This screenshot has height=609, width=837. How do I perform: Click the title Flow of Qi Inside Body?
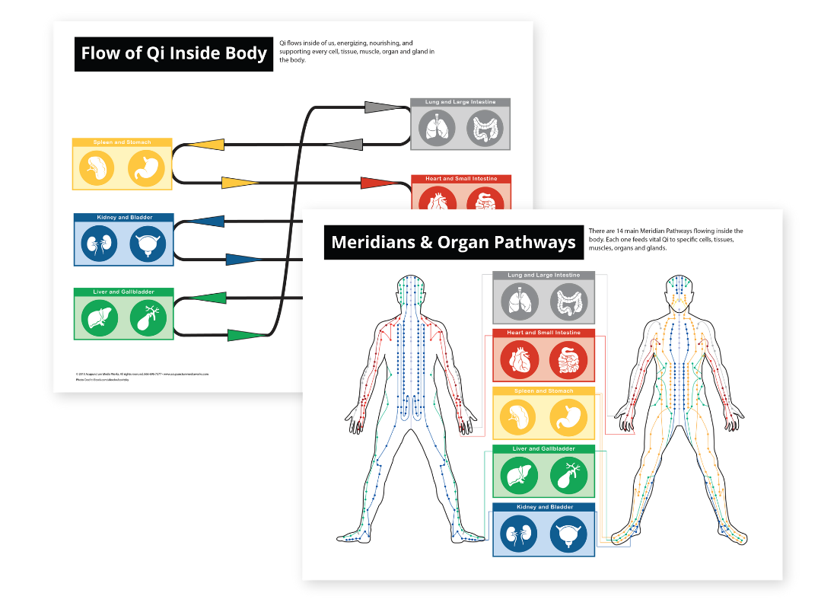pyautogui.click(x=173, y=53)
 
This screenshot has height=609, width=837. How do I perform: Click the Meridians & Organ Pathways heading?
pyautogui.click(x=454, y=243)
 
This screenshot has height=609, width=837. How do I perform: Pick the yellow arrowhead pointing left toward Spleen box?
pyautogui.click(x=205, y=145)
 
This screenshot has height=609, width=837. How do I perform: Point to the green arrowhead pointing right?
pyautogui.click(x=245, y=335)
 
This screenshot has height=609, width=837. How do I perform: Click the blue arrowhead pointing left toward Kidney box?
pyautogui.click(x=205, y=222)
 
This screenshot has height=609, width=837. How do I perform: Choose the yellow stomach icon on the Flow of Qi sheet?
pyautogui.click(x=146, y=168)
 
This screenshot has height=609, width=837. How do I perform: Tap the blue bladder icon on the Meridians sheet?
pyautogui.click(x=568, y=534)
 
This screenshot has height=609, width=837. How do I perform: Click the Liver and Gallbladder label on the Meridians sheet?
pyautogui.click(x=543, y=449)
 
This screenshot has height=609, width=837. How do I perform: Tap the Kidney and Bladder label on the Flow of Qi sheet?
pyautogui.click(x=123, y=218)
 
